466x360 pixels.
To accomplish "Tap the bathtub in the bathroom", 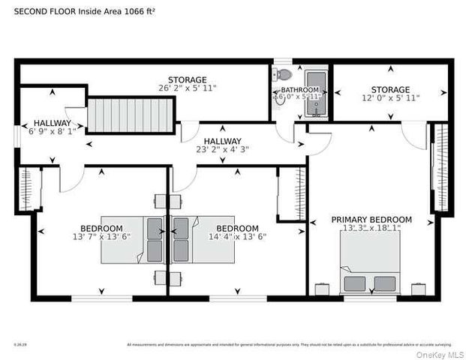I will (x=316, y=94).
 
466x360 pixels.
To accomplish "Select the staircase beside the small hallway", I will (x=131, y=116).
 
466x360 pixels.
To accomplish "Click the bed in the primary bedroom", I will (x=369, y=262).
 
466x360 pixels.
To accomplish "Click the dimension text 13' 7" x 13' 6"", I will (x=101, y=237).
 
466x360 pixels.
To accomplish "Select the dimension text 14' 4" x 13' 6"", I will (x=237, y=237).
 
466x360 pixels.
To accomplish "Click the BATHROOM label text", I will (x=290, y=90).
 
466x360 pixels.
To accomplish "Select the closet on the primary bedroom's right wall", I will (x=440, y=169).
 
